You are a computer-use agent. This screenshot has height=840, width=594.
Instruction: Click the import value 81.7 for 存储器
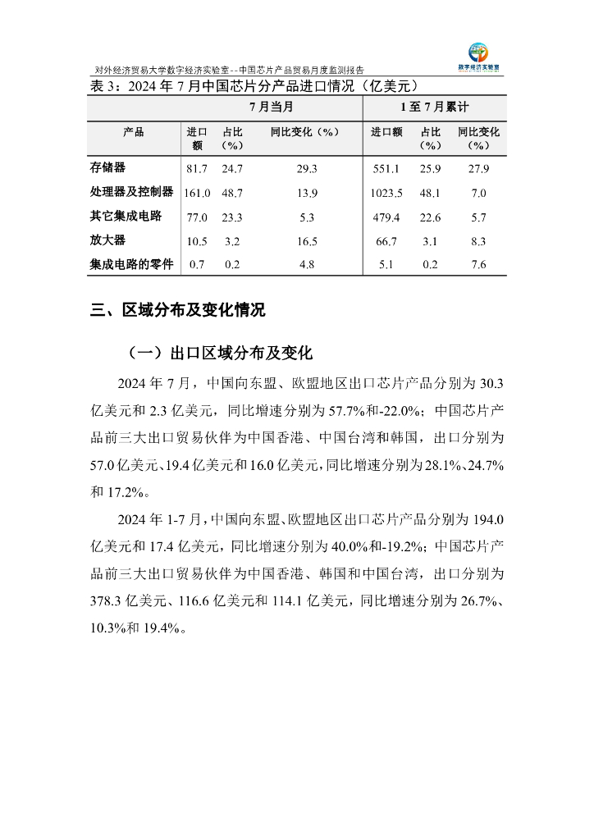click(x=197, y=169)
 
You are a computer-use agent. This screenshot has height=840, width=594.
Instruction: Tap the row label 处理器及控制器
click(x=131, y=192)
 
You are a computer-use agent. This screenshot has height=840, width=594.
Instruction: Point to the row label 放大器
click(x=107, y=240)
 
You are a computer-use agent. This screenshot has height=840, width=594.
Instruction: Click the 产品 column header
click(x=134, y=132)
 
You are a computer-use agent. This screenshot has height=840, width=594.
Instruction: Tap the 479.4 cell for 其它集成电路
click(x=386, y=217)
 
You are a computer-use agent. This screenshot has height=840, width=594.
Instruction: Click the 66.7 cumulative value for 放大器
click(x=386, y=241)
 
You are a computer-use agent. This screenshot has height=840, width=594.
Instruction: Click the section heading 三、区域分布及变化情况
click(x=177, y=311)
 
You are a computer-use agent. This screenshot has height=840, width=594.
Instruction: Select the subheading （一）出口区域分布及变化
click(x=220, y=354)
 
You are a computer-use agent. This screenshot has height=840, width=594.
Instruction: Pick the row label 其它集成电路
click(x=126, y=217)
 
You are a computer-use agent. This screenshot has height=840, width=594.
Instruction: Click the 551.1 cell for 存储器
click(x=386, y=169)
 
